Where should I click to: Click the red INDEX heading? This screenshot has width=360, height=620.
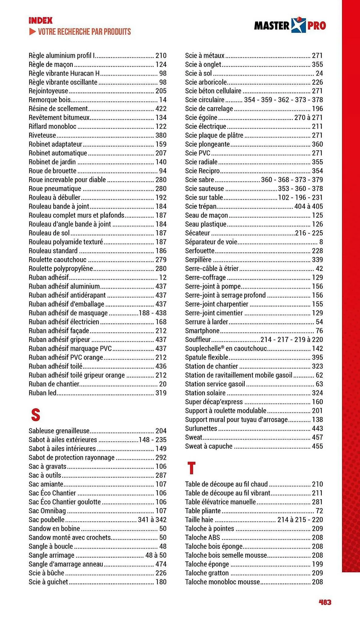pyautogui.click(x=41, y=21)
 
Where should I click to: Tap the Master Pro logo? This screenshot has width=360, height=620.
pyautogui.click(x=290, y=25)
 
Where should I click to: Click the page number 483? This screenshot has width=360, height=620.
pyautogui.click(x=325, y=602)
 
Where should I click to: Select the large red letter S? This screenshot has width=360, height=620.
pyautogui.click(x=36, y=414)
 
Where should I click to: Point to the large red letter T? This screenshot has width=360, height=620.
pyautogui.click(x=191, y=468)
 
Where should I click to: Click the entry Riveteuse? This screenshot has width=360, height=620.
pyautogui.click(x=42, y=135)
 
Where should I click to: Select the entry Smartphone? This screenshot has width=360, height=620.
pyautogui.click(x=202, y=331)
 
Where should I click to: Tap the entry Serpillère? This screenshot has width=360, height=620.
pyautogui.click(x=198, y=260)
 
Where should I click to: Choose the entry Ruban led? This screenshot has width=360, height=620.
pyautogui.click(x=42, y=393)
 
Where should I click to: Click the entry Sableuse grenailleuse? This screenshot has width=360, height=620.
pyautogui.click(x=59, y=431)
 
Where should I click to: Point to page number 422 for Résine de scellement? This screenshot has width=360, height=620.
pyautogui.click(x=161, y=109)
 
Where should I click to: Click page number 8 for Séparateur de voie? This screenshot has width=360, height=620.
pyautogui.click(x=321, y=242)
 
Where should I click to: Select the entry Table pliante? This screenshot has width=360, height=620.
pyautogui.click(x=203, y=511)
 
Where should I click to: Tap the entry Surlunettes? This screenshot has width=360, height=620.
pyautogui.click(x=201, y=428)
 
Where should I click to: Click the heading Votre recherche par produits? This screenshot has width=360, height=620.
pyautogui.click(x=84, y=32)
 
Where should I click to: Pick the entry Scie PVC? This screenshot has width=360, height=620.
pyautogui.click(x=198, y=153)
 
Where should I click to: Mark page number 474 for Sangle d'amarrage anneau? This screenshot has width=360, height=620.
pyautogui.click(x=161, y=564)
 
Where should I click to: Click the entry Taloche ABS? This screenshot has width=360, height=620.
pyautogui.click(x=202, y=538)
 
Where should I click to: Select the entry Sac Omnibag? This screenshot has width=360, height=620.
pyautogui.click(x=47, y=511)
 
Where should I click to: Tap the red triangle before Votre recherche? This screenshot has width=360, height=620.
pyautogui.click(x=32, y=32)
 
